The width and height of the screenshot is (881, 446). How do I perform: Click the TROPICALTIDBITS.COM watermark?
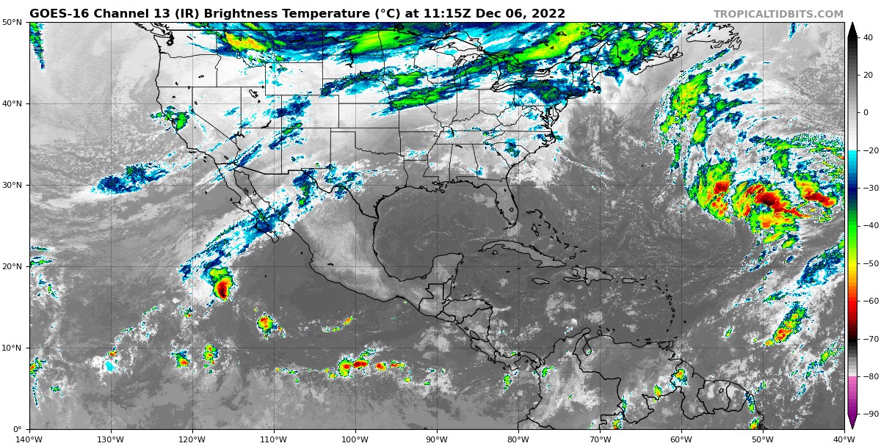click(x=778, y=14)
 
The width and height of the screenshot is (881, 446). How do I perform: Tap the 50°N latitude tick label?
click(x=12, y=23)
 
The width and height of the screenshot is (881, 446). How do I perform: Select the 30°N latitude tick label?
click(x=12, y=186)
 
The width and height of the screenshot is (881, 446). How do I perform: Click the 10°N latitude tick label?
click(x=12, y=348)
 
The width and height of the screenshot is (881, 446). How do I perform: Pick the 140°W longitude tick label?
click(x=29, y=439)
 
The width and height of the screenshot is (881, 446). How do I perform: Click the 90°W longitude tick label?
click(x=437, y=439)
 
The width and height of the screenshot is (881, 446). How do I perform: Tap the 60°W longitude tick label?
click(x=681, y=439)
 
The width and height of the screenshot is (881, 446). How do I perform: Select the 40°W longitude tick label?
click(x=844, y=439)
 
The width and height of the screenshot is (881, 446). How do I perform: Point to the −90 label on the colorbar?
click(x=869, y=414)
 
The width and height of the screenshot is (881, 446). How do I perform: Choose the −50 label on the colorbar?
click(x=869, y=263)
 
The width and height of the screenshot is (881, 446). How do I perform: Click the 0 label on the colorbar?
click(x=866, y=113)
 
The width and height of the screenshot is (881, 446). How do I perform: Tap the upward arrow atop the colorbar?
click(x=852, y=28)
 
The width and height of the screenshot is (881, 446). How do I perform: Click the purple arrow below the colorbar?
click(x=852, y=422)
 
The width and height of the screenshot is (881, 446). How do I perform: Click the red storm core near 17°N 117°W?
click(x=221, y=288)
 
